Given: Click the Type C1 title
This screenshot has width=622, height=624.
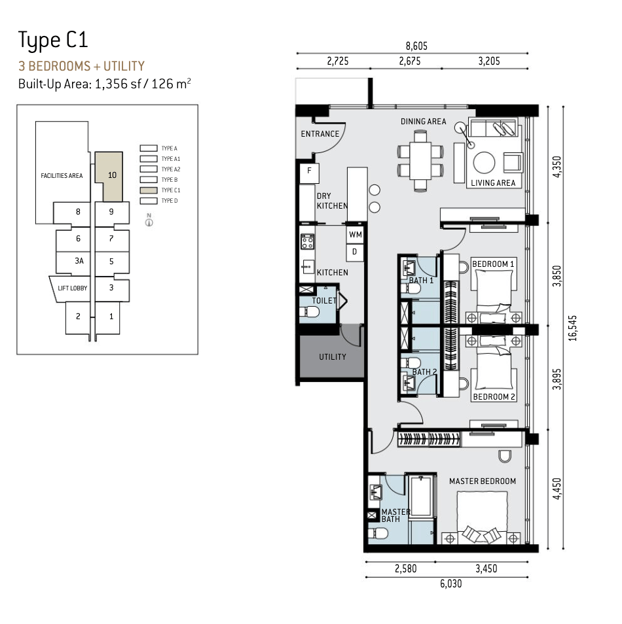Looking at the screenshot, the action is (x=53, y=41).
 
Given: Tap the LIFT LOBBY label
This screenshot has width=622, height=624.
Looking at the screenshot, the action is (x=73, y=288).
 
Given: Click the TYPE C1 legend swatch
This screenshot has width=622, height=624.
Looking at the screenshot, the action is (x=148, y=190).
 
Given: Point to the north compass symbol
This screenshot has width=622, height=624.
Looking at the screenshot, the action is (x=149, y=220).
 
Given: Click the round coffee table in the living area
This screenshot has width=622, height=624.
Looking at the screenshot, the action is (x=484, y=162).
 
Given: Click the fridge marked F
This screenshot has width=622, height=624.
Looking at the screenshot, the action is (x=309, y=173).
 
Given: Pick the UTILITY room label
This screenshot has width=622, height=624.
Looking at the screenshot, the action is (x=333, y=357).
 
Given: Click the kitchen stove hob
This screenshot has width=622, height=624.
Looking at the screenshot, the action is (x=307, y=242).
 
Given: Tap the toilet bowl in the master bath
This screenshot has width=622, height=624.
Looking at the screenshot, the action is (x=378, y=533).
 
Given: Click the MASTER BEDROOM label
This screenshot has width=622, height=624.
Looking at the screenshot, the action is (x=483, y=481).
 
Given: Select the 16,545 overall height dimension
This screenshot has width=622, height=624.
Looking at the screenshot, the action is (x=573, y=328).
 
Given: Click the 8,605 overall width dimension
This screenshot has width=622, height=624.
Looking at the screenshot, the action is (x=416, y=46).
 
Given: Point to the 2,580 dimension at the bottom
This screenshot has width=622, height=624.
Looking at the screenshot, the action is (x=406, y=568).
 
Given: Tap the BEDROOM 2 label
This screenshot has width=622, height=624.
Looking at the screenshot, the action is (x=494, y=397).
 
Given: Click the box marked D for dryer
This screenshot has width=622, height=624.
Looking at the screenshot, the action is (x=355, y=252).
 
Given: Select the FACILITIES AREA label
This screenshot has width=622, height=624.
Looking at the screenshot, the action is (x=62, y=175).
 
